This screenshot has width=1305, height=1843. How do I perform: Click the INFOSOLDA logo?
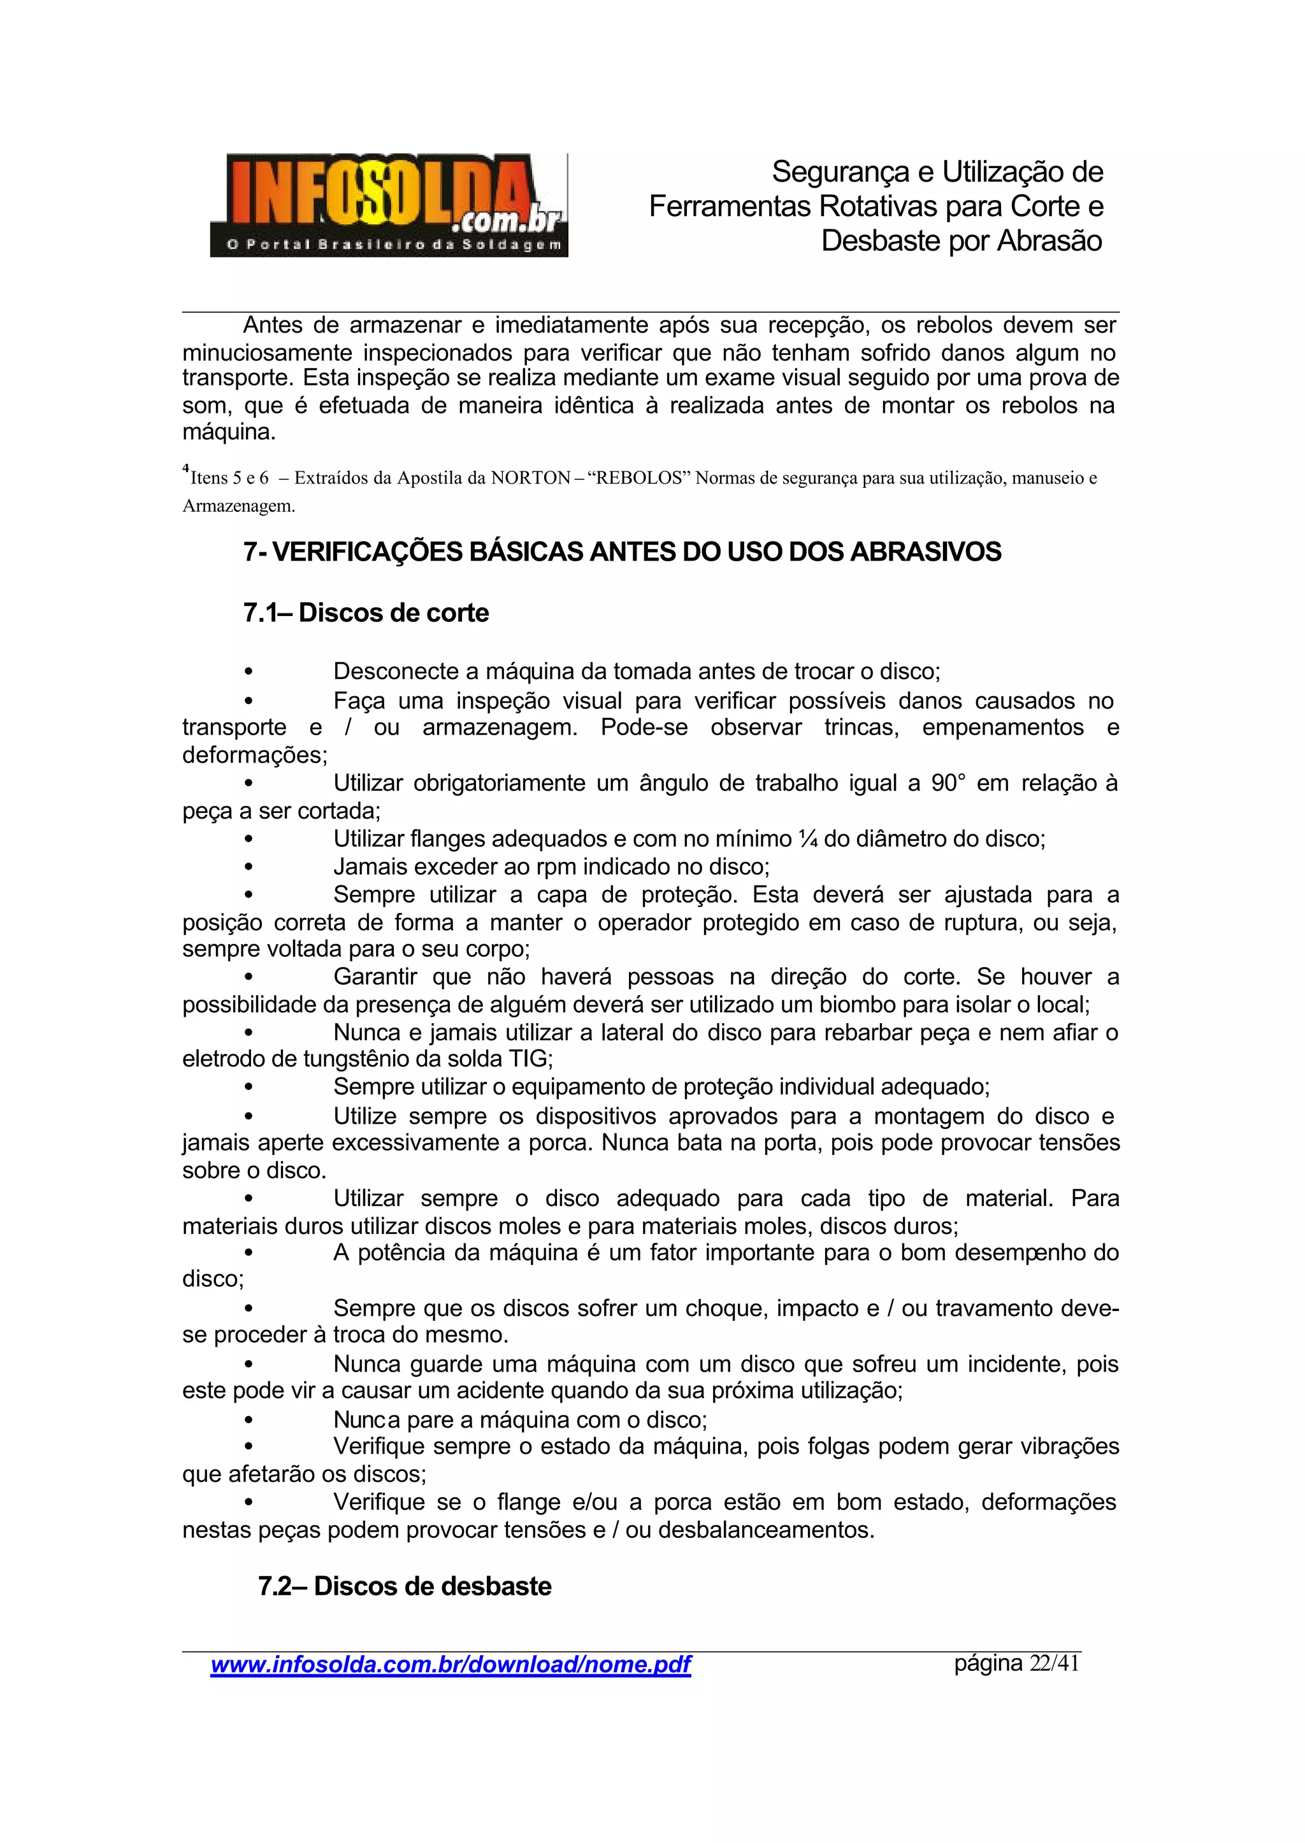389,206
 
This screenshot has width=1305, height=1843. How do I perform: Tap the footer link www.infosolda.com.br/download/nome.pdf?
450,1664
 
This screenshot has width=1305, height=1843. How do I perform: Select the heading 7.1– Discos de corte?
366,613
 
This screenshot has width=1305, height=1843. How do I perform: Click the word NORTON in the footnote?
530,479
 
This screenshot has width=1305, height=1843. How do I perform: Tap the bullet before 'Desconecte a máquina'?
249,671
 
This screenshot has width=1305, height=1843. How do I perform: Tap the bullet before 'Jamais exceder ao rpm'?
249,868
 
